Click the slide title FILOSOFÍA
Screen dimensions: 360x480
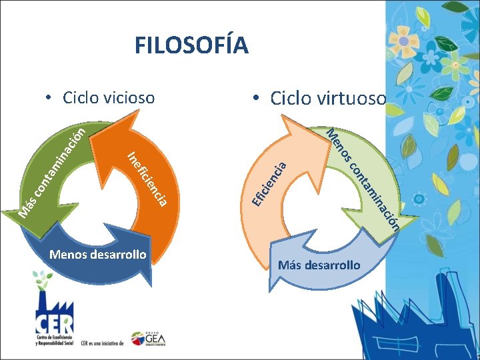pyautogui.click(x=191, y=45)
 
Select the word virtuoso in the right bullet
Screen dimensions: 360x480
pyautogui.click(x=353, y=99)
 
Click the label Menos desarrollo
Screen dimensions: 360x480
pyautogui.click(x=98, y=254)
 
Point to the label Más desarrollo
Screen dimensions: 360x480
pyautogui.click(x=319, y=265)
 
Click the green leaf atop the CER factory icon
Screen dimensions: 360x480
pyautogui.click(x=44, y=278)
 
